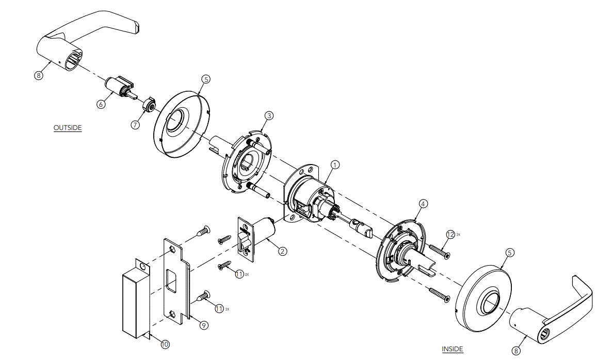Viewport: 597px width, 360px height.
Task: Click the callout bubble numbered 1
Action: (335, 165)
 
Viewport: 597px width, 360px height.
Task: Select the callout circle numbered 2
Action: (282, 251)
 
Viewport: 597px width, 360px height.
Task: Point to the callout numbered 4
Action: (423, 204)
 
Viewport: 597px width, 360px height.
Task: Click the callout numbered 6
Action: (101, 104)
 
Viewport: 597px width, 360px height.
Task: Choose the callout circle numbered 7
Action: (135, 125)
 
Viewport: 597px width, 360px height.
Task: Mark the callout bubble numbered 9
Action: (203, 325)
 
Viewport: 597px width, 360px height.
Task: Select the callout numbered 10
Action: (165, 344)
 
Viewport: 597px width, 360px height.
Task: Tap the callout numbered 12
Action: (450, 234)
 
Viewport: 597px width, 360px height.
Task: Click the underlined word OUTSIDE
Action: (68, 127)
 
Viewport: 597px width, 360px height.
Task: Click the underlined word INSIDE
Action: (453, 349)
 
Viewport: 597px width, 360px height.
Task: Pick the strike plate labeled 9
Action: (176, 281)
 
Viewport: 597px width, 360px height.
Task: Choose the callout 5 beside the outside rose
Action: (206, 79)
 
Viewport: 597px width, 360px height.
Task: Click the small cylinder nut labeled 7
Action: (149, 105)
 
